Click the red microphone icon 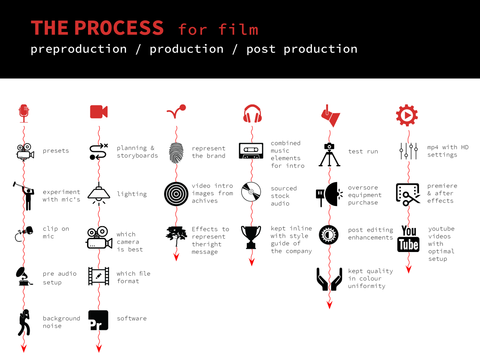pos(24,114)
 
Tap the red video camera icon pos(99,112)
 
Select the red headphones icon pos(252,114)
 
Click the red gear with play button pos(407,115)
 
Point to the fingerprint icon pos(176,153)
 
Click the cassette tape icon pos(251,151)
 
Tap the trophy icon pos(251,237)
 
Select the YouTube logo pos(408,239)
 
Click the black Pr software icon pos(98,320)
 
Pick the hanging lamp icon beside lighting pos(99,194)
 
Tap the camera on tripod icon pos(329,154)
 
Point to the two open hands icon pos(329,279)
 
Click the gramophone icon pos(24,276)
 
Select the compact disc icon pos(251,192)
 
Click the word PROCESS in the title pos(119,28)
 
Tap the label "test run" pos(363,151)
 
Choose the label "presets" pos(56,151)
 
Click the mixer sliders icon pos(408,151)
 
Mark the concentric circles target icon pos(176,194)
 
